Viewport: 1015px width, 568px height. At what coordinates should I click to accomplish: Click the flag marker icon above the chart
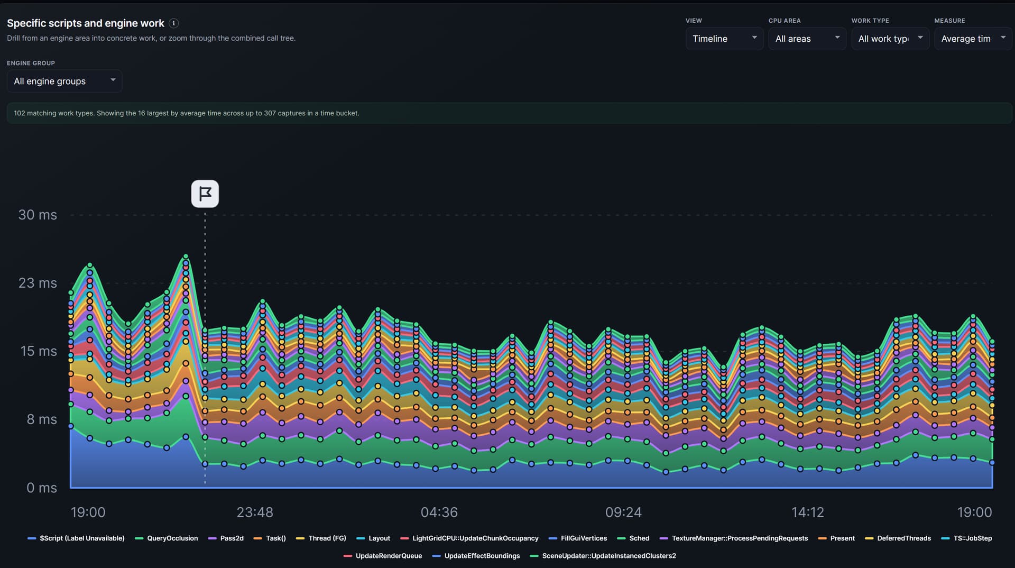205,194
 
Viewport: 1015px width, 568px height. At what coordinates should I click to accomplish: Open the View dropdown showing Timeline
724,39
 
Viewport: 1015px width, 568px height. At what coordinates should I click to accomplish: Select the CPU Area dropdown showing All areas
807,39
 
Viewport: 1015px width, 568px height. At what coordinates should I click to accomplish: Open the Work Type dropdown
890,39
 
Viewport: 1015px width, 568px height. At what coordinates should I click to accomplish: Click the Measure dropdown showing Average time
973,39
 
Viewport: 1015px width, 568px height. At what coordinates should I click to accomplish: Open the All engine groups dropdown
64,81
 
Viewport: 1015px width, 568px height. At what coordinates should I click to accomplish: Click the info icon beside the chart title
173,23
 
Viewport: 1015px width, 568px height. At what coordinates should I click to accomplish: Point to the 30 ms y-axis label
38,215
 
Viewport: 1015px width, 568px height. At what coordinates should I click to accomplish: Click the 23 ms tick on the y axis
38,283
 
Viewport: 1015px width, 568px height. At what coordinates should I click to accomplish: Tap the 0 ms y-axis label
42,488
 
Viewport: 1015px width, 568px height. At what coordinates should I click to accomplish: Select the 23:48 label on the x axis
255,512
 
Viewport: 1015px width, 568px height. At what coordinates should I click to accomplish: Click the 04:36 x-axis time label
439,512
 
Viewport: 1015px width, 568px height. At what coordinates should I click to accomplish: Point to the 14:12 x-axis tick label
808,512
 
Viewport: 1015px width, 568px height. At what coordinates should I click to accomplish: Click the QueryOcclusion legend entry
167,538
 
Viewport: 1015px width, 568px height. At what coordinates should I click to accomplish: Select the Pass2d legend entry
226,538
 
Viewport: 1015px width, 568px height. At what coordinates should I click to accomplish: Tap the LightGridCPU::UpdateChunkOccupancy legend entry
469,538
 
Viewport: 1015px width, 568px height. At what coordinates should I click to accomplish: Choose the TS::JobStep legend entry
967,538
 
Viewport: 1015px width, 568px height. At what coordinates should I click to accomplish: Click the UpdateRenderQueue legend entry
383,556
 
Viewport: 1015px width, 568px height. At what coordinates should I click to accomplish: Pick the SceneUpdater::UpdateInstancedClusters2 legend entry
603,556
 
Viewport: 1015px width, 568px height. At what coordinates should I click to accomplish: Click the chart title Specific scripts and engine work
86,23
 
